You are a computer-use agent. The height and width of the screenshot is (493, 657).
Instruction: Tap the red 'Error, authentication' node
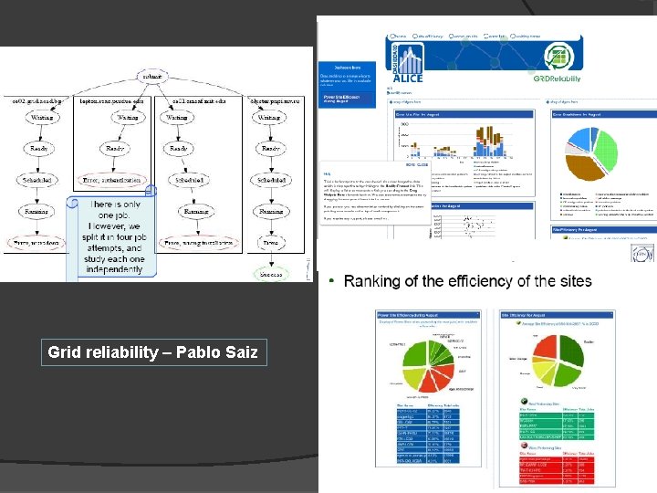(115, 179)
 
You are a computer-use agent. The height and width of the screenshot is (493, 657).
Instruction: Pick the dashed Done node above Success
(271, 245)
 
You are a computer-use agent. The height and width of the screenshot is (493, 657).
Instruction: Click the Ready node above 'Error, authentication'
(116, 148)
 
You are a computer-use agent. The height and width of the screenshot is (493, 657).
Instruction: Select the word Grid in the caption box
(64, 352)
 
